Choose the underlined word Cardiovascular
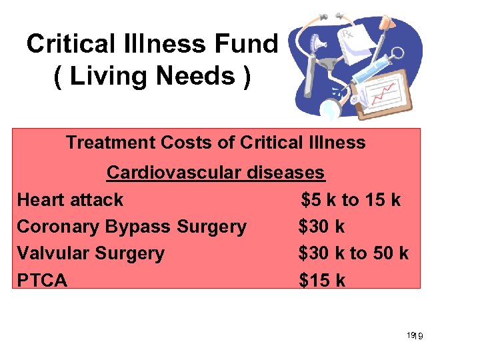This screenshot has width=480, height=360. point(175,173)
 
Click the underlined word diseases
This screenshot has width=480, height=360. point(287,173)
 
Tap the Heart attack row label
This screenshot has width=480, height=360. point(70,199)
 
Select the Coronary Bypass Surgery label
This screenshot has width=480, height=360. point(131,227)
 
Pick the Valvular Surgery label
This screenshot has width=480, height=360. point(91,253)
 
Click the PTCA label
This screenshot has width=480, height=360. point(42,281)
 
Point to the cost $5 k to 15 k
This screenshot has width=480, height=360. point(351,199)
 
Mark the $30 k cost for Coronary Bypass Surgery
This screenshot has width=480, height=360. point(322,227)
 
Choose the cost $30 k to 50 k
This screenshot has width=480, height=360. point(354,253)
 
